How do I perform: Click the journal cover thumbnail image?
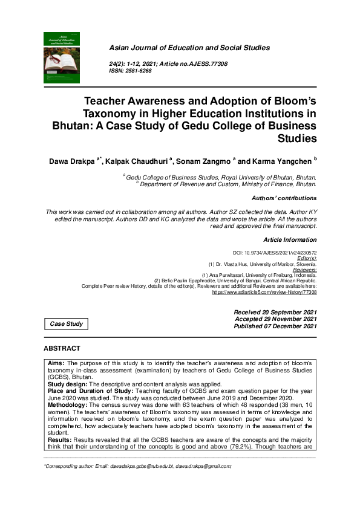62,57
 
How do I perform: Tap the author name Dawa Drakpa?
74,163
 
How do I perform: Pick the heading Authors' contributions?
283,198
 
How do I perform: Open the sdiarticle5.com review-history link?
264,291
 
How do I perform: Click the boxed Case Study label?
67,324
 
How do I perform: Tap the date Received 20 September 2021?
275,312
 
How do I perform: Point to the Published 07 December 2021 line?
275,326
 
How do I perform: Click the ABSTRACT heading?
62,349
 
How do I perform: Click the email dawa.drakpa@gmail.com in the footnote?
203,467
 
